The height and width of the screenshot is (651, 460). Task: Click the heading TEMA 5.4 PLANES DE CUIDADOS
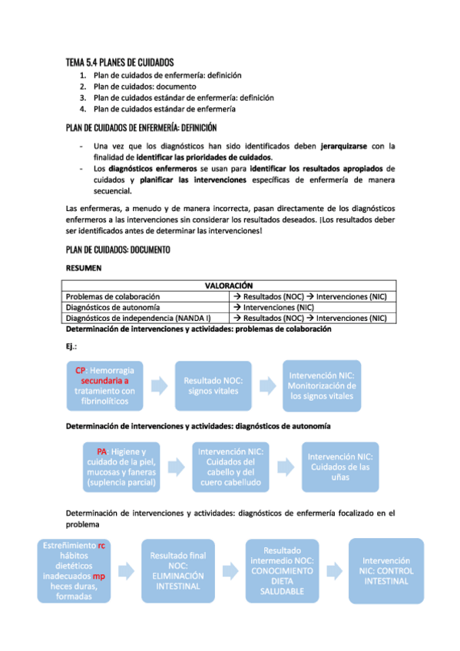pos(120,61)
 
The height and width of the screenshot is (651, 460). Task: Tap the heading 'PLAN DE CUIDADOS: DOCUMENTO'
pos(118,250)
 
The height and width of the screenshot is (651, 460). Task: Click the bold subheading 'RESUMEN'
pos(84,269)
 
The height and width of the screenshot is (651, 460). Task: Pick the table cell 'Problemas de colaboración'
pos(113,296)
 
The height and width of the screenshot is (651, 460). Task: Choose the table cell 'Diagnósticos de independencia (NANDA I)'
pos(138,318)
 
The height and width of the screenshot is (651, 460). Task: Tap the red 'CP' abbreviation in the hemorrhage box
pos(80,370)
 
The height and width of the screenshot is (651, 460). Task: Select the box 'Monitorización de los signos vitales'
pos(322,386)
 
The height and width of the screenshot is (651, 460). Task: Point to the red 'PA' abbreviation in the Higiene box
pos(101,451)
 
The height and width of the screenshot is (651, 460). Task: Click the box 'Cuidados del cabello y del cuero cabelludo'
pos(231,468)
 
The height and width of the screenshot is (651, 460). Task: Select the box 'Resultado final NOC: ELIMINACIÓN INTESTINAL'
pos(178,570)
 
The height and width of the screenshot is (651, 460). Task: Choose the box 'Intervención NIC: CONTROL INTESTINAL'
pos(386,570)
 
